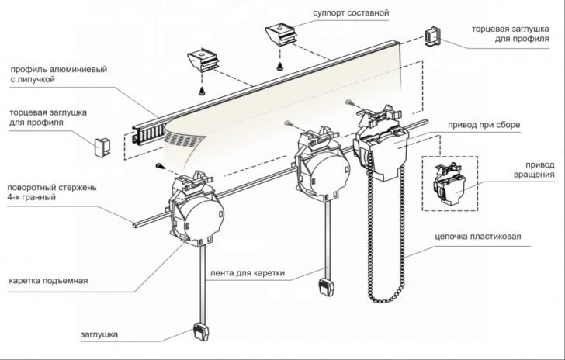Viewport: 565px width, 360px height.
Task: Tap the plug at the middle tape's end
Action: click(x=324, y=284)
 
